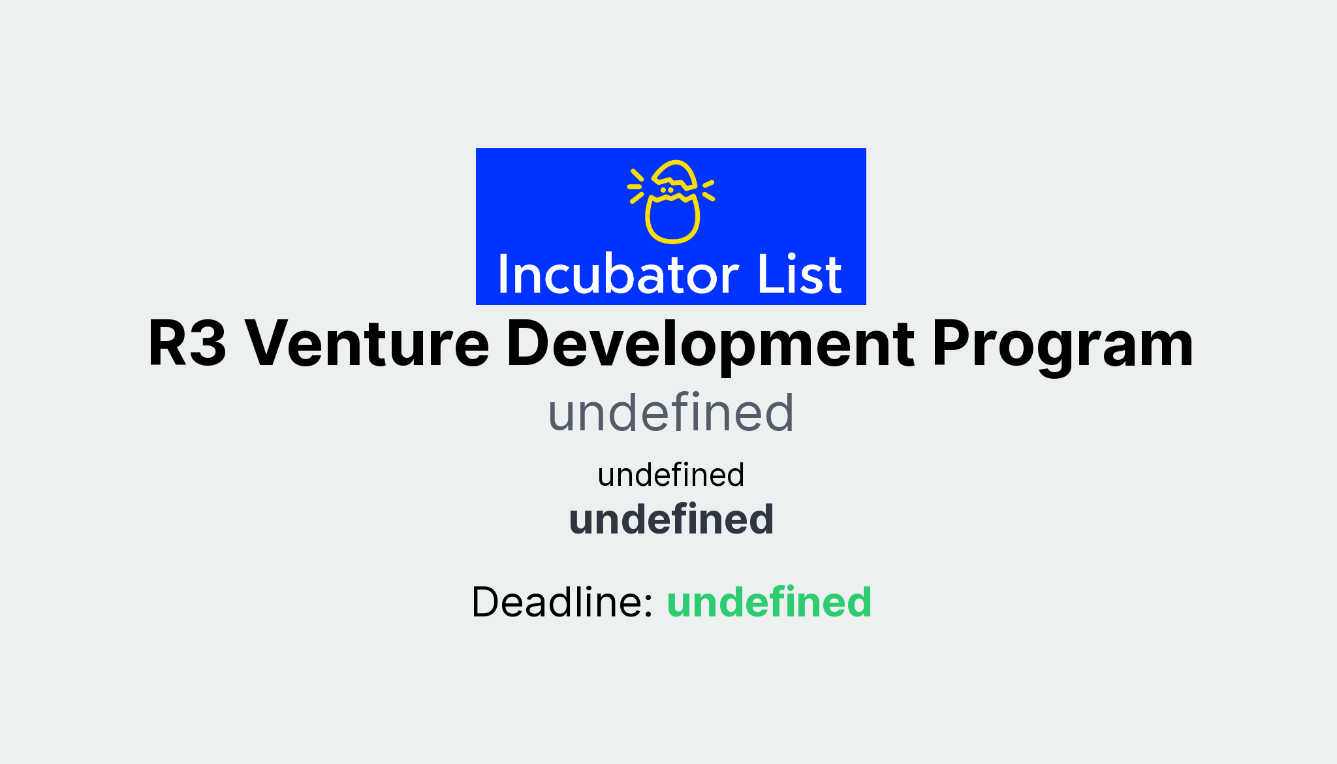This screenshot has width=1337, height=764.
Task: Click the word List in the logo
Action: tap(799, 275)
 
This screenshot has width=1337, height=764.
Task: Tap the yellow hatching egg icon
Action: tap(672, 202)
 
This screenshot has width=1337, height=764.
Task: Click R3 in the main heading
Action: tap(187, 343)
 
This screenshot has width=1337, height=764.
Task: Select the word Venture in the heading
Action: tap(366, 343)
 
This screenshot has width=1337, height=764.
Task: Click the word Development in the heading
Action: tap(710, 343)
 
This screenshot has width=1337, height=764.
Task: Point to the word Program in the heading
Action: tap(1062, 345)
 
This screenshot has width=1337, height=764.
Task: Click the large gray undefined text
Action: tap(670, 413)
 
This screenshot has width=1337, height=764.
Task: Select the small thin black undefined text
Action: tap(670, 475)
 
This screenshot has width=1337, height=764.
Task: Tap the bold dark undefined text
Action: tap(670, 519)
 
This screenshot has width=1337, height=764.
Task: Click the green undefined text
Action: tap(768, 601)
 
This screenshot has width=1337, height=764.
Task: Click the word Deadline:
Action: tap(562, 601)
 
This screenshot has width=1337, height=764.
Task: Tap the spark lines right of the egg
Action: tap(708, 189)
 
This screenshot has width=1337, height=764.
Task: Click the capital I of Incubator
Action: tap(504, 275)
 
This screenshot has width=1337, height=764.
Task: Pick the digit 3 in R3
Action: tap(208, 343)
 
